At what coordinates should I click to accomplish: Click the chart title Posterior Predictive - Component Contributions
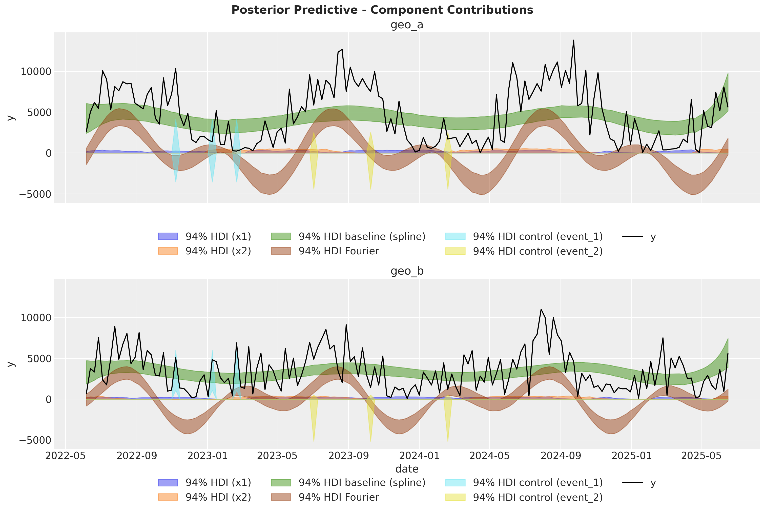pos(382,10)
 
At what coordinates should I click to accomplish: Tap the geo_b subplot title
pos(407,271)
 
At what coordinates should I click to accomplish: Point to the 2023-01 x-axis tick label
pos(207,456)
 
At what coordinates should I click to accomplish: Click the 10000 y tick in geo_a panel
pos(36,72)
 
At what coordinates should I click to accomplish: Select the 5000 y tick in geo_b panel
pos(39,359)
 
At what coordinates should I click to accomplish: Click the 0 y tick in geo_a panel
pos(48,153)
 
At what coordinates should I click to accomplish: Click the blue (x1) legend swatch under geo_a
pos(168,236)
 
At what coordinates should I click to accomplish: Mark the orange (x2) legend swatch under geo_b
pos(168,497)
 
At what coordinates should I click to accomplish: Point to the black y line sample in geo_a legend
pos(632,236)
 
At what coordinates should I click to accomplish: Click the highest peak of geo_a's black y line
pos(573,40)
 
